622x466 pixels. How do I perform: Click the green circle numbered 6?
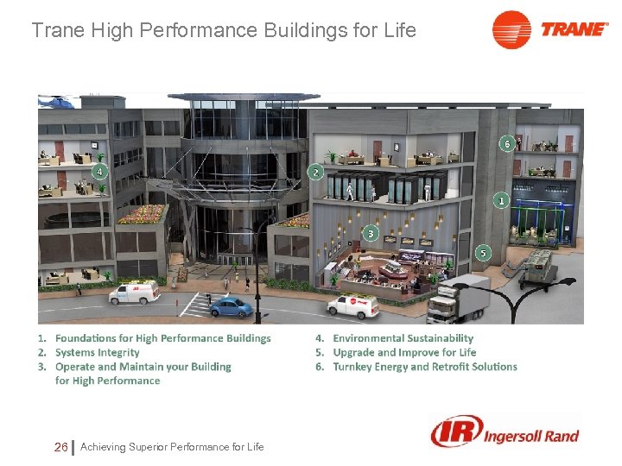pyautogui.click(x=507, y=143)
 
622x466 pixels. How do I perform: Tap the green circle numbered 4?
pyautogui.click(x=100, y=172)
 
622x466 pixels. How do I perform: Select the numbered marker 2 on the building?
pyautogui.click(x=315, y=173)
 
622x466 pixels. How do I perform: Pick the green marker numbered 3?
pyautogui.click(x=371, y=233)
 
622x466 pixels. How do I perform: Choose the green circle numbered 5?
pyautogui.click(x=483, y=253)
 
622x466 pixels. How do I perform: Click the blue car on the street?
pyautogui.click(x=231, y=306)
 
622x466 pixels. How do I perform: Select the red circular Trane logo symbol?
pyautogui.click(x=511, y=29)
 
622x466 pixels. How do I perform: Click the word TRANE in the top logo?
pyautogui.click(x=574, y=29)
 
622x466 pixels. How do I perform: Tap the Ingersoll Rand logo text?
pyautogui.click(x=530, y=435)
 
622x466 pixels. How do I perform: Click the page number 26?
pyautogui.click(x=60, y=446)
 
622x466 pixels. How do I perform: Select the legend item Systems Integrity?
pyautogui.click(x=97, y=352)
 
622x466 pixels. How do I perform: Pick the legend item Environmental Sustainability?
pyautogui.click(x=403, y=338)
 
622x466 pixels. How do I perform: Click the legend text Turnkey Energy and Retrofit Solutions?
pyautogui.click(x=424, y=366)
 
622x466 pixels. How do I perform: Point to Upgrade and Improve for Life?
pyautogui.click(x=404, y=352)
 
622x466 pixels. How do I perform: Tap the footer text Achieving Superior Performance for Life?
pyautogui.click(x=172, y=446)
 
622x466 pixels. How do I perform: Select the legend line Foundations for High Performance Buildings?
pyautogui.click(x=162, y=338)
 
